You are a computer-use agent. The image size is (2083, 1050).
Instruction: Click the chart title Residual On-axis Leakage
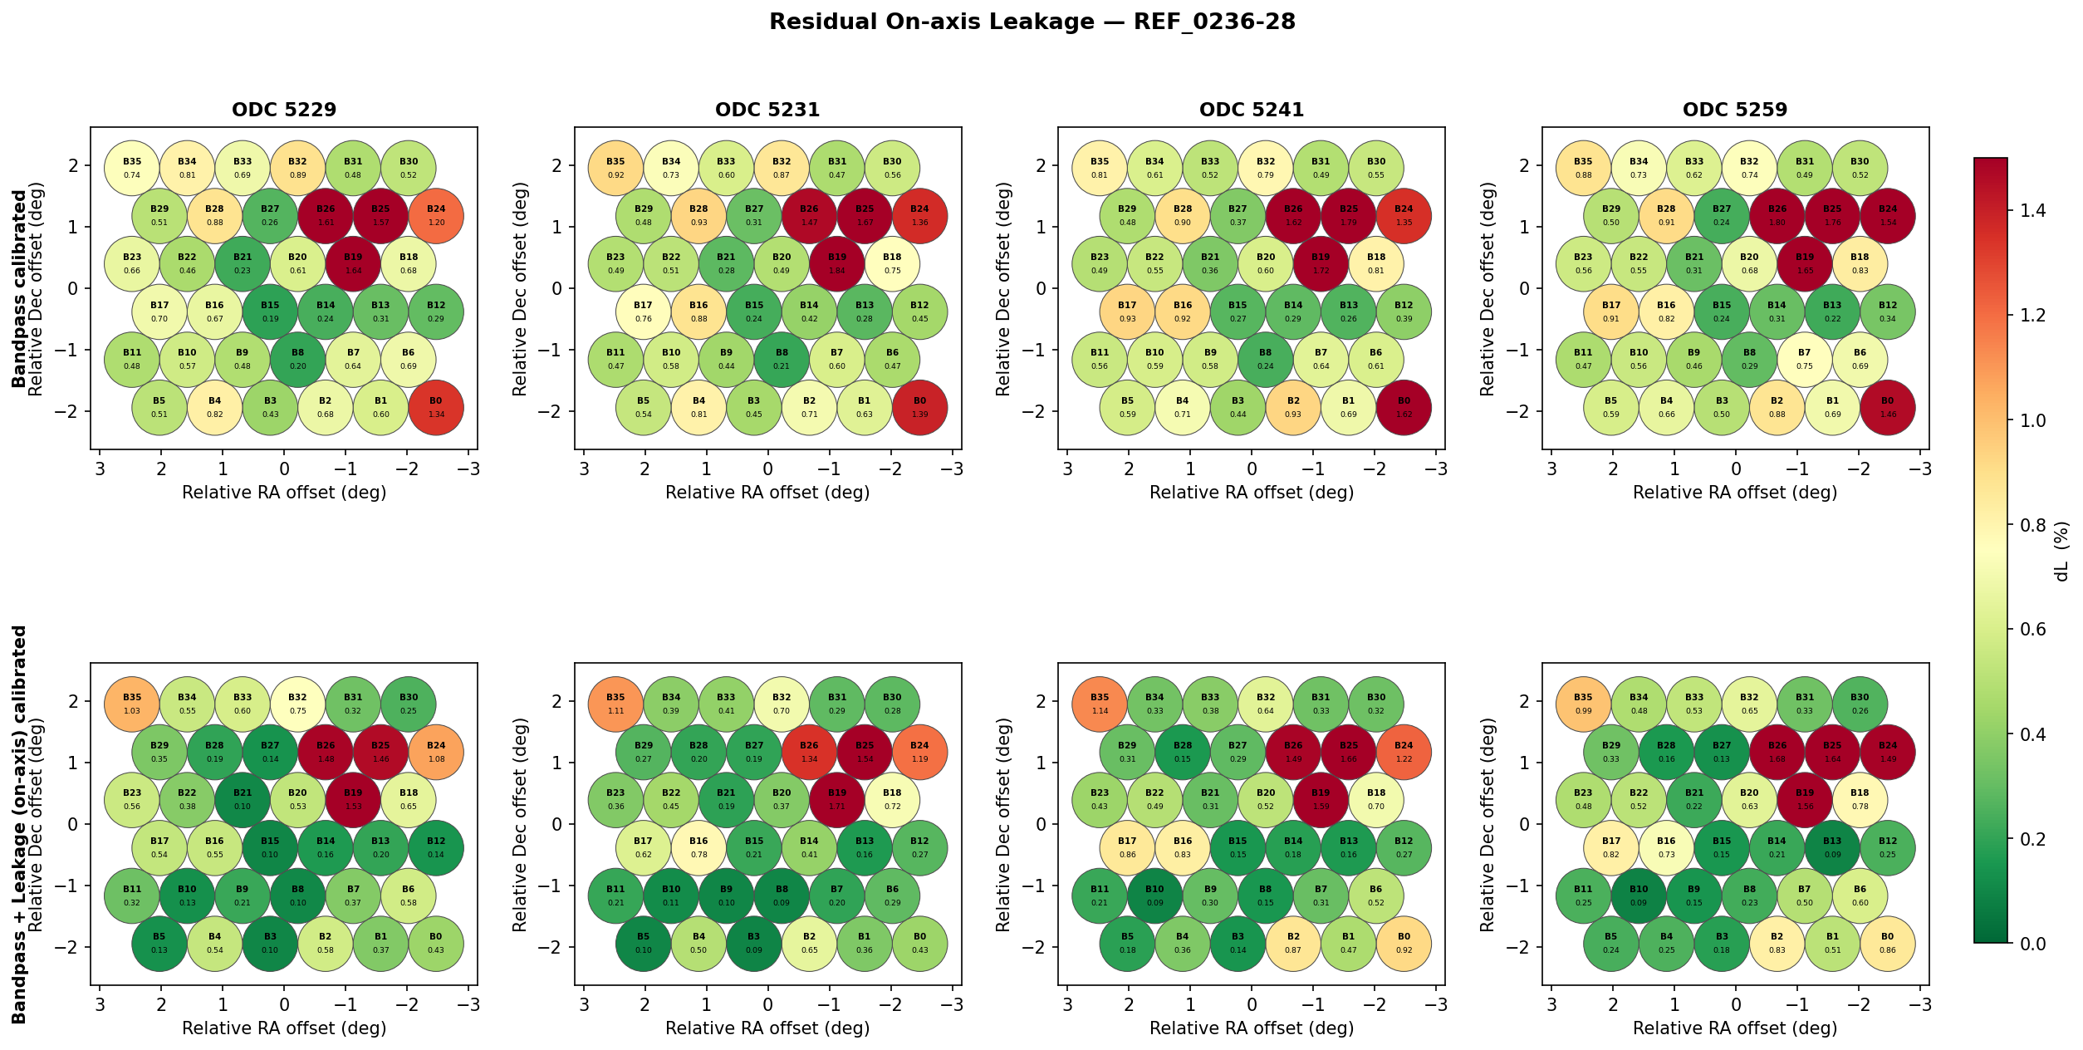point(1032,22)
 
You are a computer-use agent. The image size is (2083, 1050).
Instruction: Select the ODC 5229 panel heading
point(284,110)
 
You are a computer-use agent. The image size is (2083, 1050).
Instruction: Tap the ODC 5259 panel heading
point(1735,110)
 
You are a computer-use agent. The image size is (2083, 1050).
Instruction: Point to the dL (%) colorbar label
point(2061,551)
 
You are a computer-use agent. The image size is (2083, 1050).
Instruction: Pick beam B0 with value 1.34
point(436,408)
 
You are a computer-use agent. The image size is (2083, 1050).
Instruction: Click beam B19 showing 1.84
point(837,264)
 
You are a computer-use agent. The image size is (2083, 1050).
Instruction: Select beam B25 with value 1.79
point(1349,216)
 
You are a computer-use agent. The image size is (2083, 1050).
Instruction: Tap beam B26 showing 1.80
point(1777,216)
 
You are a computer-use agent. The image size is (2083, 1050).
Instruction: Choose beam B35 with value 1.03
point(132,704)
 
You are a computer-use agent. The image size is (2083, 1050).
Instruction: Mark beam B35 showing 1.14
point(1100,704)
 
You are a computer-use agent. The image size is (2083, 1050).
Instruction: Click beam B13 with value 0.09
point(1832,848)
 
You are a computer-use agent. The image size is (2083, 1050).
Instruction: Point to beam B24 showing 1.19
point(919,753)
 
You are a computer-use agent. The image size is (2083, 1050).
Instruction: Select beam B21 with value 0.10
point(243,800)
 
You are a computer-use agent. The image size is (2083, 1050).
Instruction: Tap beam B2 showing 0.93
point(1293,408)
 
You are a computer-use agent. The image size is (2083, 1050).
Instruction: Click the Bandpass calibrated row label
point(18,288)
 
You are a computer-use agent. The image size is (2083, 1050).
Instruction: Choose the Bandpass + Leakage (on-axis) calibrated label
point(18,824)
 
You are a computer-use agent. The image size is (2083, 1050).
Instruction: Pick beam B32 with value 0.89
point(297,168)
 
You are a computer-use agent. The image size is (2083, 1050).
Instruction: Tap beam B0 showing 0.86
point(1888,944)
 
